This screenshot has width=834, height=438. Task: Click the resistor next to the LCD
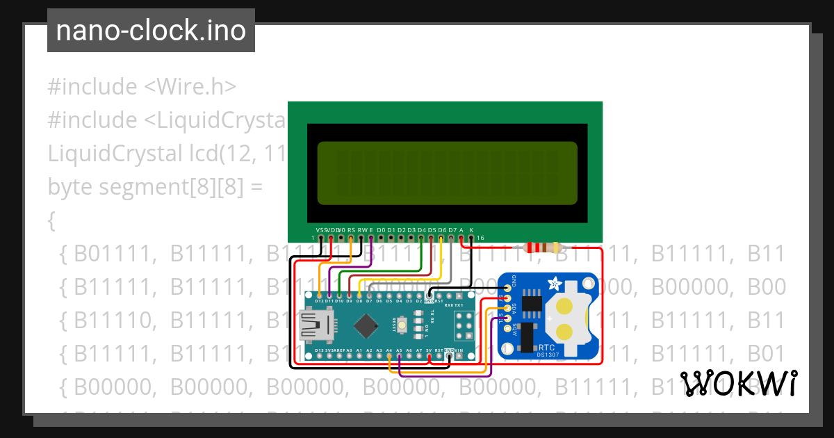pos(543,248)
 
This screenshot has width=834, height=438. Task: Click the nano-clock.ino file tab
pos(151,31)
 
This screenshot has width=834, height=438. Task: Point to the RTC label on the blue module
pos(547,347)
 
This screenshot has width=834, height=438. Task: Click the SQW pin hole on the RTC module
pos(505,327)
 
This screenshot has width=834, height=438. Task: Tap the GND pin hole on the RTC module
pos(505,288)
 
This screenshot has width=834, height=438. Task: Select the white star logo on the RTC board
pos(555,284)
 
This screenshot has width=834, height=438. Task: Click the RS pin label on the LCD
pos(351,229)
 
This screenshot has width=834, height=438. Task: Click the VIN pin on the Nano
pos(459,356)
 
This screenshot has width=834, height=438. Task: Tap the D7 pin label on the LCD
pos(452,229)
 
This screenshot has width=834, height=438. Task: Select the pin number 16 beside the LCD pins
pos(480,238)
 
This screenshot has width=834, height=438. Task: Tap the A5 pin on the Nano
pos(399,356)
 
